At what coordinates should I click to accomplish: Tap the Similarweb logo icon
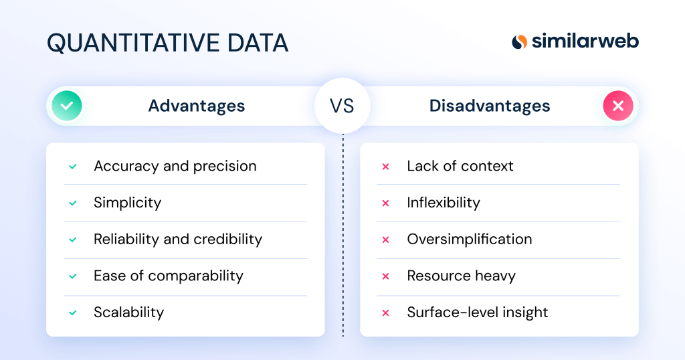tap(520, 41)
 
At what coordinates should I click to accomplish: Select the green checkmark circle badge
tap(67, 106)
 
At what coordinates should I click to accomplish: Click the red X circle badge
tap(617, 106)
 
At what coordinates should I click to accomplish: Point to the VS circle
tap(342, 106)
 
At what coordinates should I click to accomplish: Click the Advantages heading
tap(196, 106)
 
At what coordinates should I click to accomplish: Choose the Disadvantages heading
tap(490, 106)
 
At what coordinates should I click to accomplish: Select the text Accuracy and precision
tap(175, 166)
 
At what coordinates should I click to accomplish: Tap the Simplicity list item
tap(127, 203)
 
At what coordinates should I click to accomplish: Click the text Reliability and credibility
tap(177, 239)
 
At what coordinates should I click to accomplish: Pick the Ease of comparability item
tap(168, 276)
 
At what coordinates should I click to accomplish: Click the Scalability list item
tap(128, 312)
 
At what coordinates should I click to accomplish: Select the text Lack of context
tap(460, 166)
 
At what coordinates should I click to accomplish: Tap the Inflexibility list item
tap(443, 203)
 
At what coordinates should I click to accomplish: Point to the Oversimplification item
tap(469, 239)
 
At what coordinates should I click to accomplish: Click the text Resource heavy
tap(461, 276)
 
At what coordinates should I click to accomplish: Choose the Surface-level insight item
tap(477, 312)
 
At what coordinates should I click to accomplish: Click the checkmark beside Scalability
tap(73, 312)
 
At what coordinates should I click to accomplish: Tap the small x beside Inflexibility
tap(385, 203)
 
